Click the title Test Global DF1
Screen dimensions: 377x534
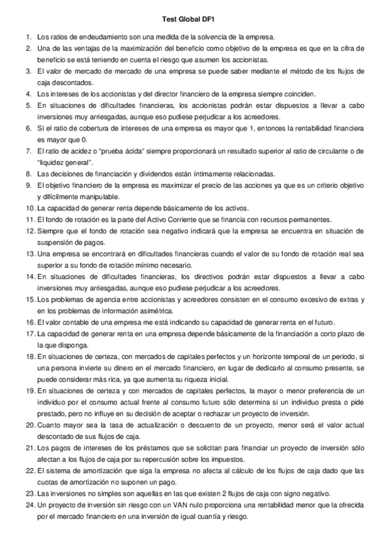click(188, 21)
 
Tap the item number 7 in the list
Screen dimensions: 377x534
click(28, 151)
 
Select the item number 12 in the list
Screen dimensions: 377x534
click(30, 231)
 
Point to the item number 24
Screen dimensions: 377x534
click(30, 505)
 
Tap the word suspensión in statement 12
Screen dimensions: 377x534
click(63, 242)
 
